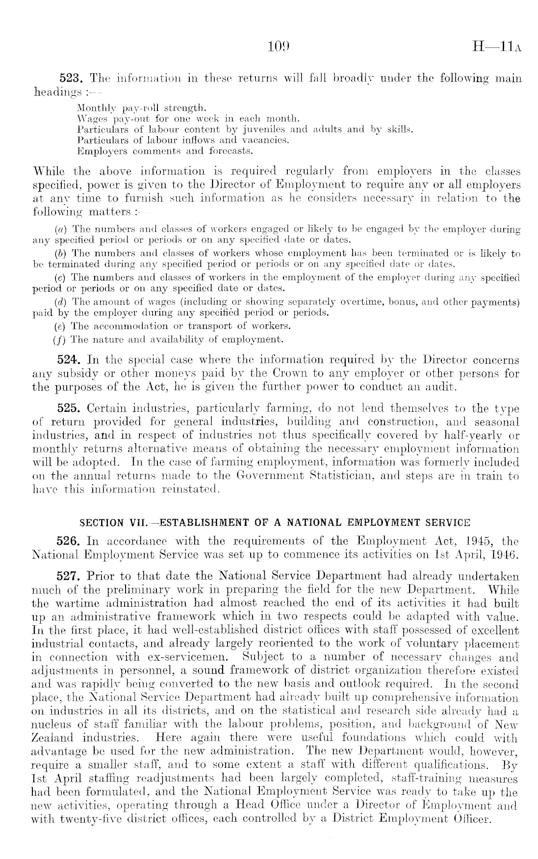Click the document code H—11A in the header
pyautogui.click(x=497, y=48)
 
